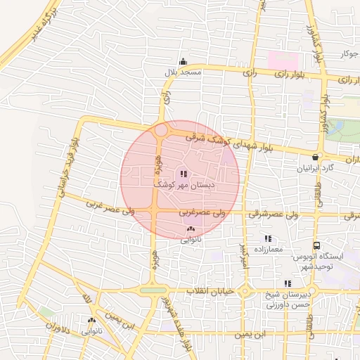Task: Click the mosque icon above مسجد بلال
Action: (x=183, y=61)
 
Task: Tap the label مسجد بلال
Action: (x=183, y=72)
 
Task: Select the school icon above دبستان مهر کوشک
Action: (x=183, y=173)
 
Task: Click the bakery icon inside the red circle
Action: (x=191, y=229)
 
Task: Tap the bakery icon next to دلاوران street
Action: (x=91, y=320)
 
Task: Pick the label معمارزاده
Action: (x=266, y=250)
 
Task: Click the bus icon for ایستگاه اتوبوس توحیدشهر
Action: (x=317, y=246)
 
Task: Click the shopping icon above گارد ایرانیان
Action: (x=314, y=157)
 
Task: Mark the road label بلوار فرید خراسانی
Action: (x=70, y=163)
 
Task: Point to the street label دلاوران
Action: (x=59, y=326)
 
